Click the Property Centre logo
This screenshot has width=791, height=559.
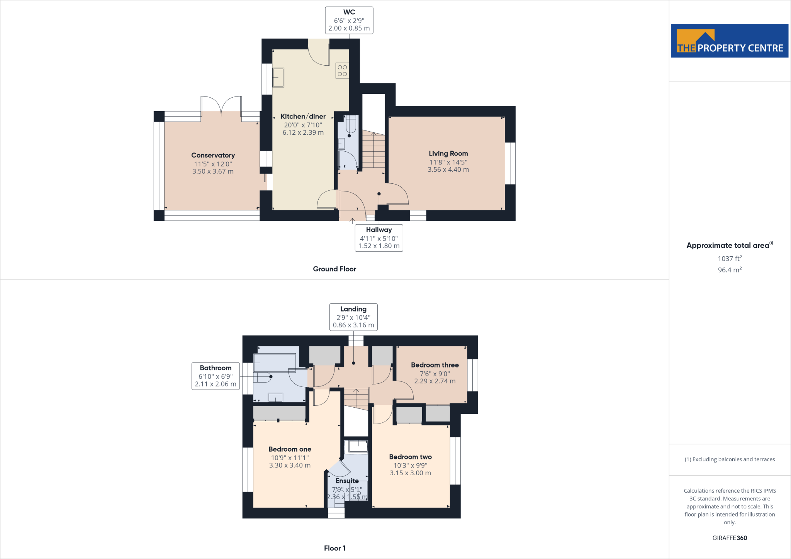(729, 41)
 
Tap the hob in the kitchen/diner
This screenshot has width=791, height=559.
(342, 70)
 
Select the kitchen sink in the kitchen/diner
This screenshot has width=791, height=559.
(278, 78)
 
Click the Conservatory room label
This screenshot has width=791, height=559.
(213, 155)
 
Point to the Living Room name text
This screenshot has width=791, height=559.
(448, 153)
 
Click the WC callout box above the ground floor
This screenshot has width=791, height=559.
(349, 20)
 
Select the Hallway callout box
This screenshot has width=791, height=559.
(379, 238)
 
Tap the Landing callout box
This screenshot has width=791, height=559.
(353, 317)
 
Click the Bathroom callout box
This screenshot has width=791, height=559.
(216, 376)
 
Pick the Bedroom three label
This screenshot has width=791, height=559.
(435, 365)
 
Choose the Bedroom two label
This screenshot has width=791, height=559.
(410, 457)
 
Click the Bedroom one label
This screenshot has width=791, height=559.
(290, 449)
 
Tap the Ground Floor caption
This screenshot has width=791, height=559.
(334, 269)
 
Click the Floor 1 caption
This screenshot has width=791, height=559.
(334, 548)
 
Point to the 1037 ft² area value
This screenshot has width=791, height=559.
(730, 258)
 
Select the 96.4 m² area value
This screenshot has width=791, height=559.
(730, 270)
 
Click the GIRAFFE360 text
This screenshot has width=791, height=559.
(730, 538)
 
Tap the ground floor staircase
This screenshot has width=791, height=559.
(373, 151)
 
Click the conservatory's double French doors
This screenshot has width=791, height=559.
(221, 106)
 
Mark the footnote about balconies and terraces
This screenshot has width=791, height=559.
(730, 459)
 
